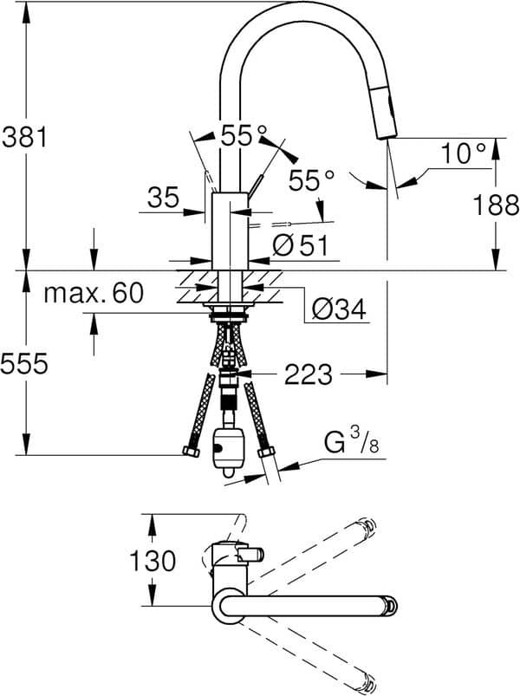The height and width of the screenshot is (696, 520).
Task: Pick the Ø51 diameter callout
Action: pyautogui.click(x=301, y=246)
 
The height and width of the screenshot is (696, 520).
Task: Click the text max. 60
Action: pyautogui.click(x=93, y=293)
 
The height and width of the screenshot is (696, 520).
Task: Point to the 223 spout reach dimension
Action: pyautogui.click(x=307, y=374)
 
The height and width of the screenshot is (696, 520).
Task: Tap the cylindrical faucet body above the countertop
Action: pyautogui.click(x=230, y=230)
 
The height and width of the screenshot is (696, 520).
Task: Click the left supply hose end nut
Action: pyautogui.click(x=190, y=452)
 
